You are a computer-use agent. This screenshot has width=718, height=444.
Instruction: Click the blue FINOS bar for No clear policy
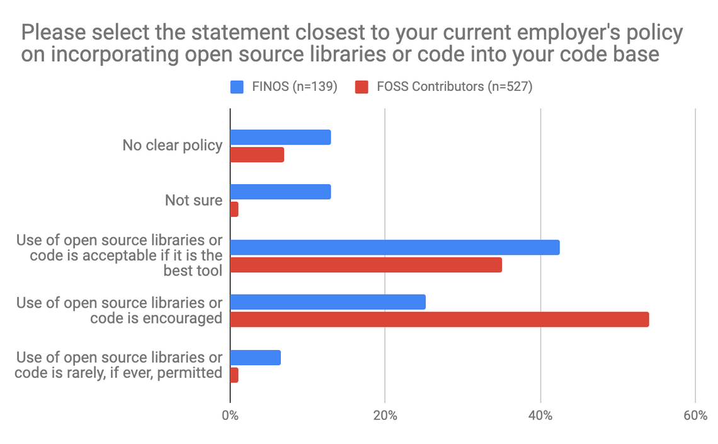280,137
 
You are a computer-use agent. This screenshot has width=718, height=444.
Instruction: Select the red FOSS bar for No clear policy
257,155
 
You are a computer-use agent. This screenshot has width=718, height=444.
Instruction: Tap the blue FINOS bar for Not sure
280,192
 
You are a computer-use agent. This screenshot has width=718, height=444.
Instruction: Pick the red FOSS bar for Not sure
234,209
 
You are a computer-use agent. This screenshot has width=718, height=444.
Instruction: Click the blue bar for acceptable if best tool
395,247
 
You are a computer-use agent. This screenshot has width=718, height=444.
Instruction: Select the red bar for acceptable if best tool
366,265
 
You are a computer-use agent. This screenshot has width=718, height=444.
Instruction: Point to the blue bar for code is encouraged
328,302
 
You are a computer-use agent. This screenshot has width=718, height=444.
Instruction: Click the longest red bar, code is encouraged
440,319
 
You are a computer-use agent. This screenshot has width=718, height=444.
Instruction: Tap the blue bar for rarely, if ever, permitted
255,358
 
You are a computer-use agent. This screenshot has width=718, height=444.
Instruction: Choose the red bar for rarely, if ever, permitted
234,375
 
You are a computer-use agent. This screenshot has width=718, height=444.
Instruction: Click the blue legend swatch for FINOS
237,87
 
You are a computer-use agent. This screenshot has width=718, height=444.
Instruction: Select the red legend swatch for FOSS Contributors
362,87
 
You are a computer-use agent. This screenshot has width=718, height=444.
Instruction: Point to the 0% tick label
230,416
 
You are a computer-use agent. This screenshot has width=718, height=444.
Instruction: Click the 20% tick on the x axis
385,416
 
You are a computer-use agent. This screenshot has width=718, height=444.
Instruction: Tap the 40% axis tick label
540,416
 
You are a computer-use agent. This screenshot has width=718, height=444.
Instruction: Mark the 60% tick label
695,416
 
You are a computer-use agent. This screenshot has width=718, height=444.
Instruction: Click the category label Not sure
193,201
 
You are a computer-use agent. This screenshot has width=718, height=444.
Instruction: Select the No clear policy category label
172,146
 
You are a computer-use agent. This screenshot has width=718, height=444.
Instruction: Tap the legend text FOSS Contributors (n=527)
454,87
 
